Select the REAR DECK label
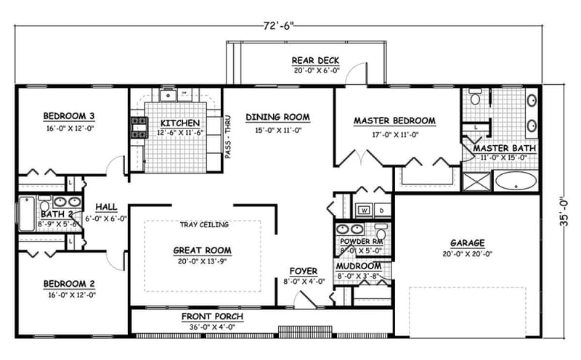[315, 60]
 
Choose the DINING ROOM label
[277, 116]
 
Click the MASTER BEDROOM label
[394, 120]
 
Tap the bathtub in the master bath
[516, 181]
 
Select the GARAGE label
[467, 242]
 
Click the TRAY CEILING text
[205, 225]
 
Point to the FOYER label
[304, 271]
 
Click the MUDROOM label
[359, 266]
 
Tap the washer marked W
[363, 210]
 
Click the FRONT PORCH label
[212, 317]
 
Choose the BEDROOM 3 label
[70, 116]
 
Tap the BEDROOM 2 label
[70, 284]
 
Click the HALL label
[106, 207]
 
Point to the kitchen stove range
[137, 128]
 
